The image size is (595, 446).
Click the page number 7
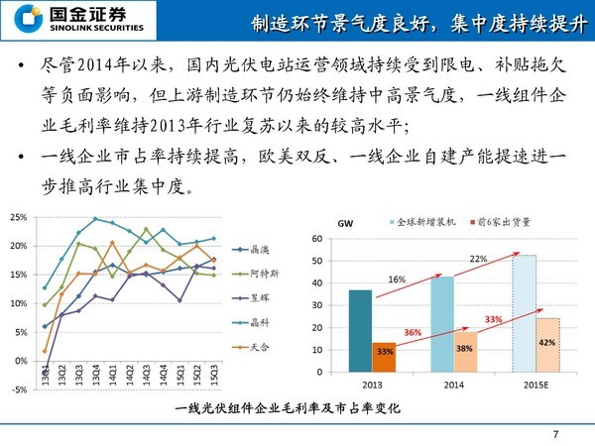(555, 433)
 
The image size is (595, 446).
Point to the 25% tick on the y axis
(17, 217)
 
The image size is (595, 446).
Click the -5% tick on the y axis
(18, 390)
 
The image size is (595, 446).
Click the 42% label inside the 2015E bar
(547, 342)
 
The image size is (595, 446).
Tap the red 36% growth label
(414, 332)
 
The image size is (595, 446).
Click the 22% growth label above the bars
(477, 259)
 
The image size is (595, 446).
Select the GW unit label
(345, 223)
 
